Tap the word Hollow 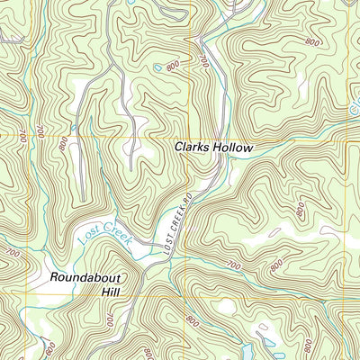tap(234, 147)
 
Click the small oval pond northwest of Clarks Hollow tap(158, 67)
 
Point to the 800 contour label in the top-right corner tap(312, 41)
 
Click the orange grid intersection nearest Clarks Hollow tap(191, 137)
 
